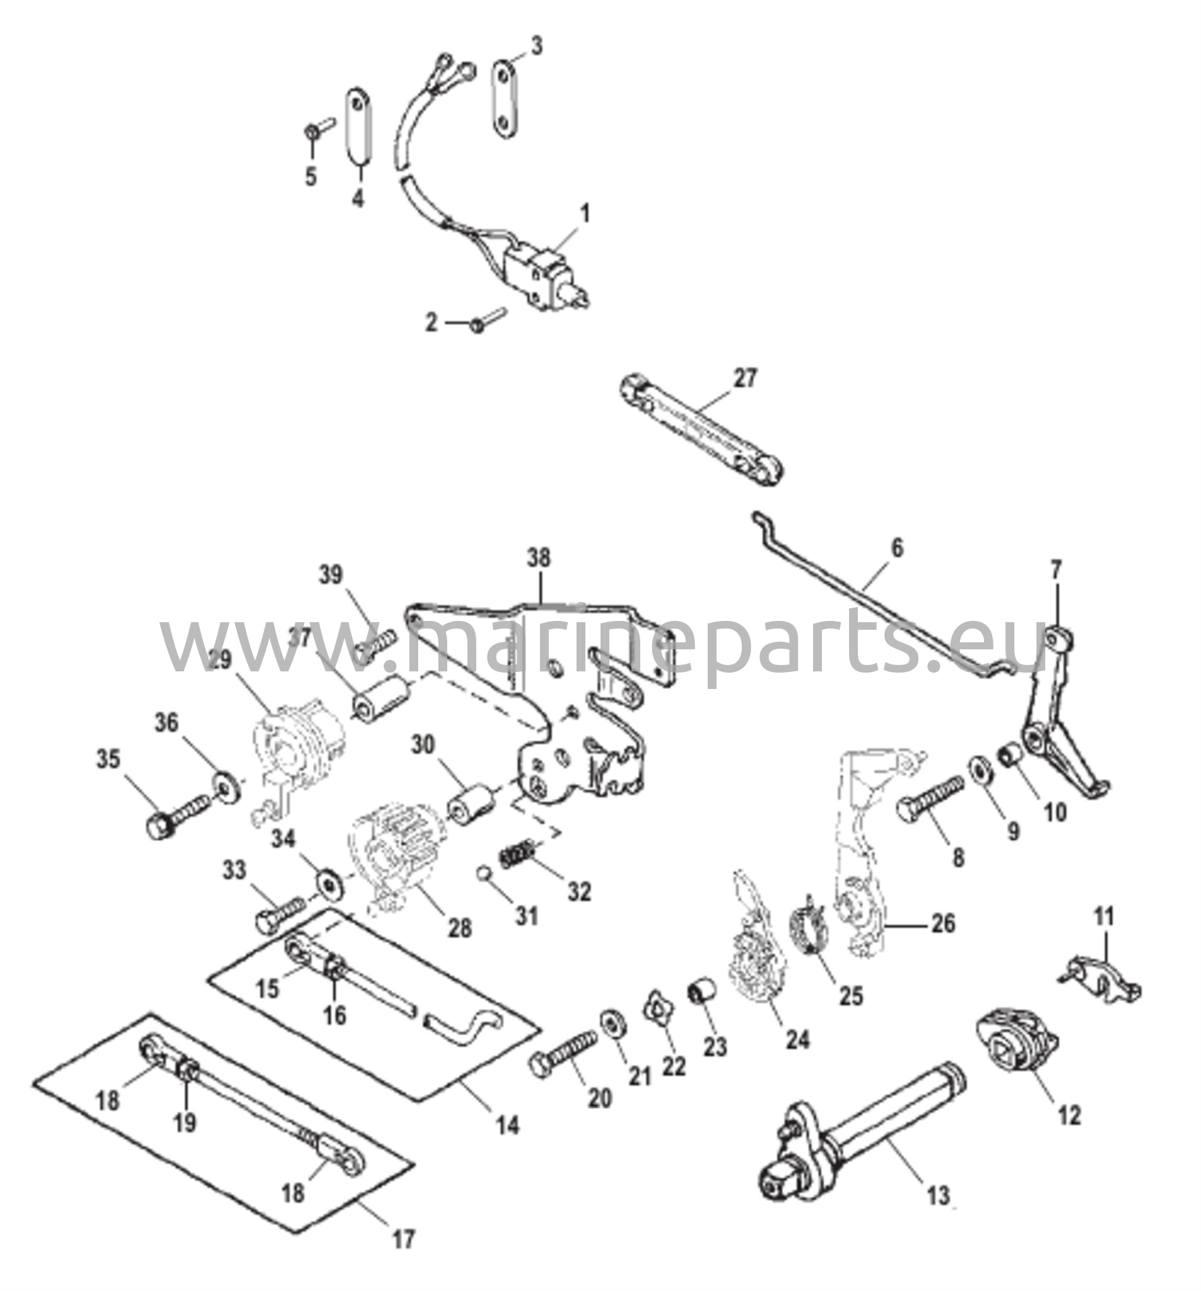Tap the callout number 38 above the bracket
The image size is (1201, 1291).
(539, 558)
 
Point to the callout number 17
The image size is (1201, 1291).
(403, 1239)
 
